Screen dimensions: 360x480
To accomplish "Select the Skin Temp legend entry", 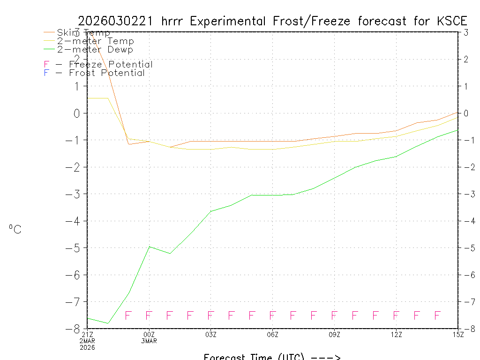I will (83, 32).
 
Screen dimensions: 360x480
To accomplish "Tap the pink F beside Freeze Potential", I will (46, 65).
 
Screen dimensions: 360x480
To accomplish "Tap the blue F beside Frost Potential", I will (46, 73).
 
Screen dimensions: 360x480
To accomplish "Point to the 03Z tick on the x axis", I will (211, 334).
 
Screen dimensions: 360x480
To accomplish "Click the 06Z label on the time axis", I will (273, 334).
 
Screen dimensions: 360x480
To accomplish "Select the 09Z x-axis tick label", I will (335, 334).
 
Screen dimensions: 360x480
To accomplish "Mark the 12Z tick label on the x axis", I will (397, 334).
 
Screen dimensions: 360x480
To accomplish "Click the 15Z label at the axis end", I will (458, 334).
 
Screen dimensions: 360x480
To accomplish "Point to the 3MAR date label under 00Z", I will (149, 341).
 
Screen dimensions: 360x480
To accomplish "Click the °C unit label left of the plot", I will (15, 229).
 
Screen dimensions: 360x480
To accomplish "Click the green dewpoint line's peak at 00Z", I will (149, 246).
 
